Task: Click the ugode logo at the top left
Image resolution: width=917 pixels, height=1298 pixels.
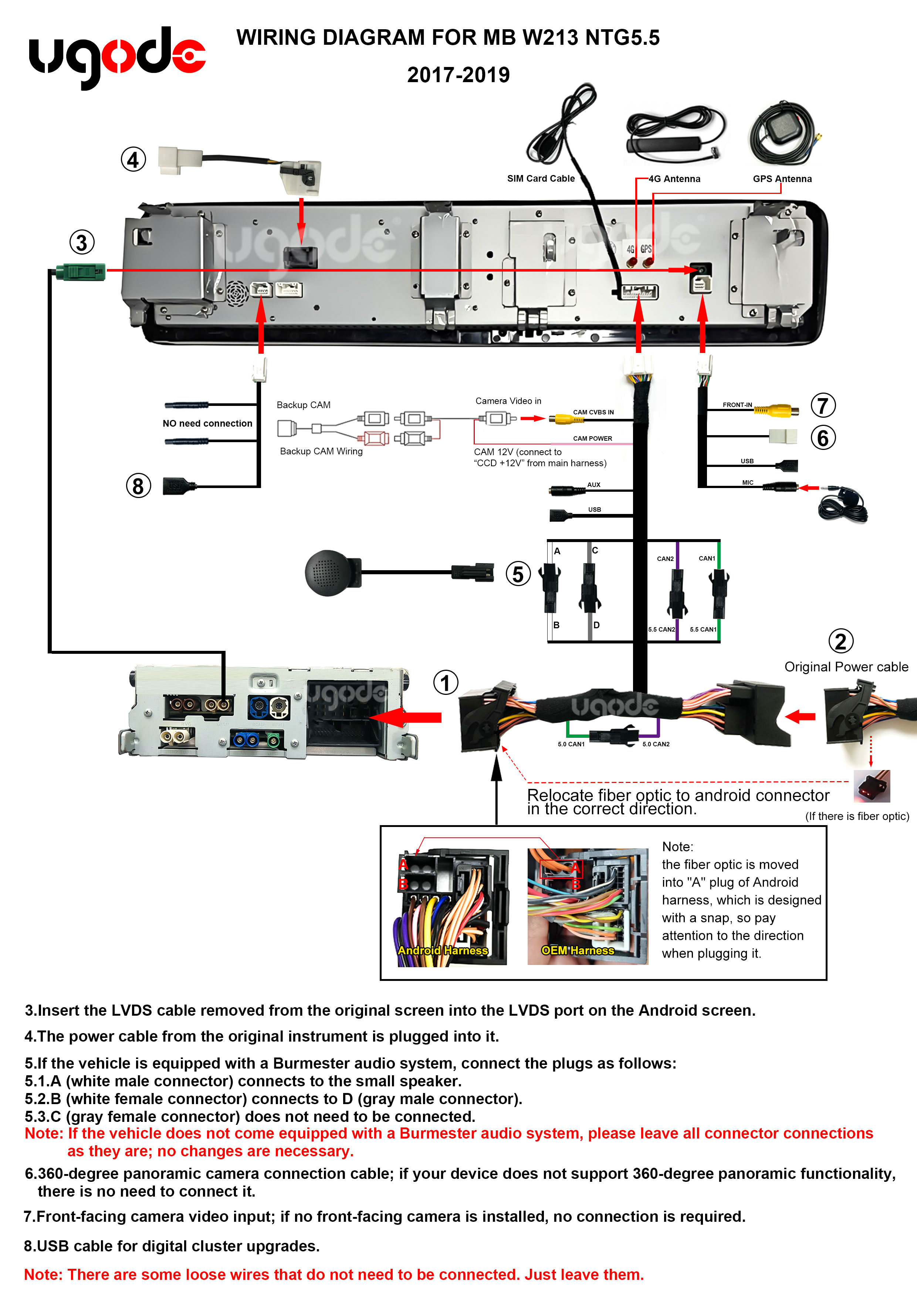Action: coord(117,57)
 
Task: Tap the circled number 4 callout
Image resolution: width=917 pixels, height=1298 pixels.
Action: coord(133,159)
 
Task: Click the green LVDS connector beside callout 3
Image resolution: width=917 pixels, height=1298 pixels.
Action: coord(81,272)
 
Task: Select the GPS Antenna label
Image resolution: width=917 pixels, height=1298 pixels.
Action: coord(782,179)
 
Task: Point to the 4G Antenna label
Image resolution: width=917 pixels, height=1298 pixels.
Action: coord(674,179)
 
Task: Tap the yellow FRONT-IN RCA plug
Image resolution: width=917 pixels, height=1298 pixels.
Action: coord(776,410)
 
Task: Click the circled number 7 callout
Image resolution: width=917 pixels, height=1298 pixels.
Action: coord(823,405)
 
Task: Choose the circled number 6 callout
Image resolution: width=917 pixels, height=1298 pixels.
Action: coord(823,438)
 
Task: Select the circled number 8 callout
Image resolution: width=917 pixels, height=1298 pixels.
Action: coord(138,485)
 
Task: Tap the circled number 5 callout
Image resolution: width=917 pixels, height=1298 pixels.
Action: coord(518,574)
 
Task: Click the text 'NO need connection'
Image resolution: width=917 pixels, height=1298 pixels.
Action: coord(207,423)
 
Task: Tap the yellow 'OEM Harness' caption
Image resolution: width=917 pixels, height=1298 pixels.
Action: coord(578,950)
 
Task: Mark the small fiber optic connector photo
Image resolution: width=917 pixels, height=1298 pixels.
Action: coord(871,786)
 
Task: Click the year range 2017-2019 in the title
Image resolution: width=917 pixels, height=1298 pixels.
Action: coord(458,75)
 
